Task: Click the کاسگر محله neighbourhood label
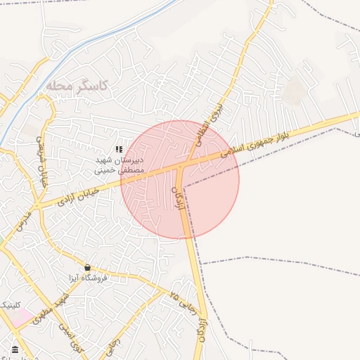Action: point(77,86)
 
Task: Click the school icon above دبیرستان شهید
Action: point(119,149)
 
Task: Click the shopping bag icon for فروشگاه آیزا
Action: point(87,267)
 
